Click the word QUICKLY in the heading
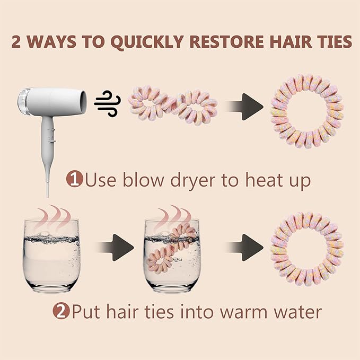point(147,42)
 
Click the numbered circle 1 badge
point(75,179)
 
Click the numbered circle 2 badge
point(61,311)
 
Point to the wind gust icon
point(107,103)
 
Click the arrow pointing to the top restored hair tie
point(244,107)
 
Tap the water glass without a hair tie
point(51,256)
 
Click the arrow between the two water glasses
point(115,248)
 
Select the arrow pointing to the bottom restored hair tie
point(244,248)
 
